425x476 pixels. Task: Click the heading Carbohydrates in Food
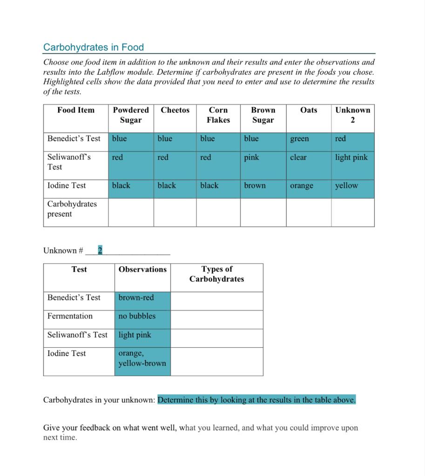click(93, 47)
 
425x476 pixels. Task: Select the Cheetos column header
click(175, 110)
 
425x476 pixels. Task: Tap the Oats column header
click(308, 110)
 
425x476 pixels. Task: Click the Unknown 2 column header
click(352, 115)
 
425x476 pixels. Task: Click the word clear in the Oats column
click(298, 158)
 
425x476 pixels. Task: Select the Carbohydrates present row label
click(72, 209)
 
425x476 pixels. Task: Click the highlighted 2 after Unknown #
click(100, 251)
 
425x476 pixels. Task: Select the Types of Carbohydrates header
click(216, 274)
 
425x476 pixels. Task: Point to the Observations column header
click(142, 270)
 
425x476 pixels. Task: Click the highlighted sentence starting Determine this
click(256, 400)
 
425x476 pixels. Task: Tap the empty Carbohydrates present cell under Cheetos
click(175, 212)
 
